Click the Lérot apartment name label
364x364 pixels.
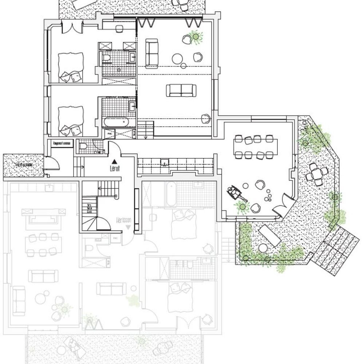pyautogui.click(x=115, y=169)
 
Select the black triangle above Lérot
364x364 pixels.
pyautogui.click(x=114, y=161)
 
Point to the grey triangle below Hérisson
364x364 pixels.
pyautogui.click(x=128, y=227)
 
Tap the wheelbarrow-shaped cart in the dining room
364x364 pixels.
pyautogui.click(x=237, y=193)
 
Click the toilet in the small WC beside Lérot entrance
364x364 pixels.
pyautogui.click(x=83, y=147)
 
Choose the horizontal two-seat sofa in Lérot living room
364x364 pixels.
pyautogui.click(x=181, y=90)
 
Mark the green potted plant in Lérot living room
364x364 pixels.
pyautogui.click(x=196, y=36)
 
